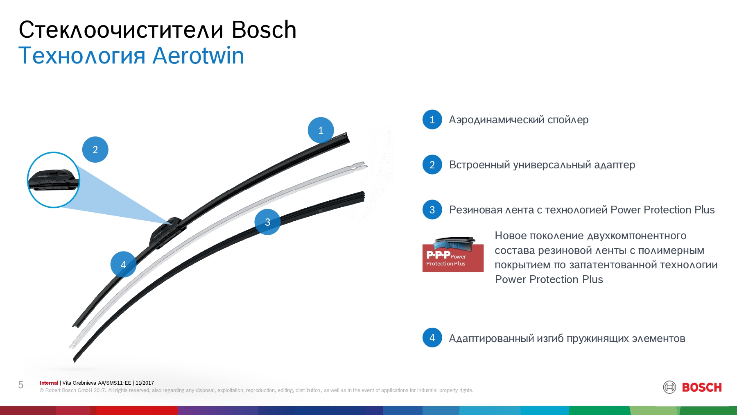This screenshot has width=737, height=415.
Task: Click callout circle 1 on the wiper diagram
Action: point(321,130)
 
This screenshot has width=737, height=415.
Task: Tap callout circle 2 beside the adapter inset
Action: point(95,150)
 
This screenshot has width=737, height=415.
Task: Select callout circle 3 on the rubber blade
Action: point(267,222)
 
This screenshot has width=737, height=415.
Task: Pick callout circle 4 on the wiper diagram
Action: point(123,264)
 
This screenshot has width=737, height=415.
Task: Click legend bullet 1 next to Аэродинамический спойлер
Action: point(432,120)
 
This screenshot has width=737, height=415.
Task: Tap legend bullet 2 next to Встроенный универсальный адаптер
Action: point(432,165)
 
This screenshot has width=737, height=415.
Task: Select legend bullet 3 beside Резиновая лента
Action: point(432,210)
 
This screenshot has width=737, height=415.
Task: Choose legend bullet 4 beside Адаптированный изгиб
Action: point(432,338)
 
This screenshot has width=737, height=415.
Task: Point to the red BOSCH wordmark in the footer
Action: point(702,387)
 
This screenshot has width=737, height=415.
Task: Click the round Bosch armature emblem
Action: point(669,387)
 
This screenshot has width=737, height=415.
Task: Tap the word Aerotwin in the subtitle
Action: point(198,56)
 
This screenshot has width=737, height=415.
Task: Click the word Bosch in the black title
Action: point(264,29)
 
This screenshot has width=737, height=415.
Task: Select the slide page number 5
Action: point(21,385)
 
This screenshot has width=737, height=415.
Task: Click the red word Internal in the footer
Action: point(49,383)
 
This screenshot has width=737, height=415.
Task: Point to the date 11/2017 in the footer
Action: point(145,383)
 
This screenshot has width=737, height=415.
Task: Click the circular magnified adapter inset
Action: point(54,180)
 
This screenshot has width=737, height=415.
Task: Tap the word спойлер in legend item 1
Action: point(568,120)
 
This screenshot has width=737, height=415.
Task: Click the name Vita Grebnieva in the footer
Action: point(79,383)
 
